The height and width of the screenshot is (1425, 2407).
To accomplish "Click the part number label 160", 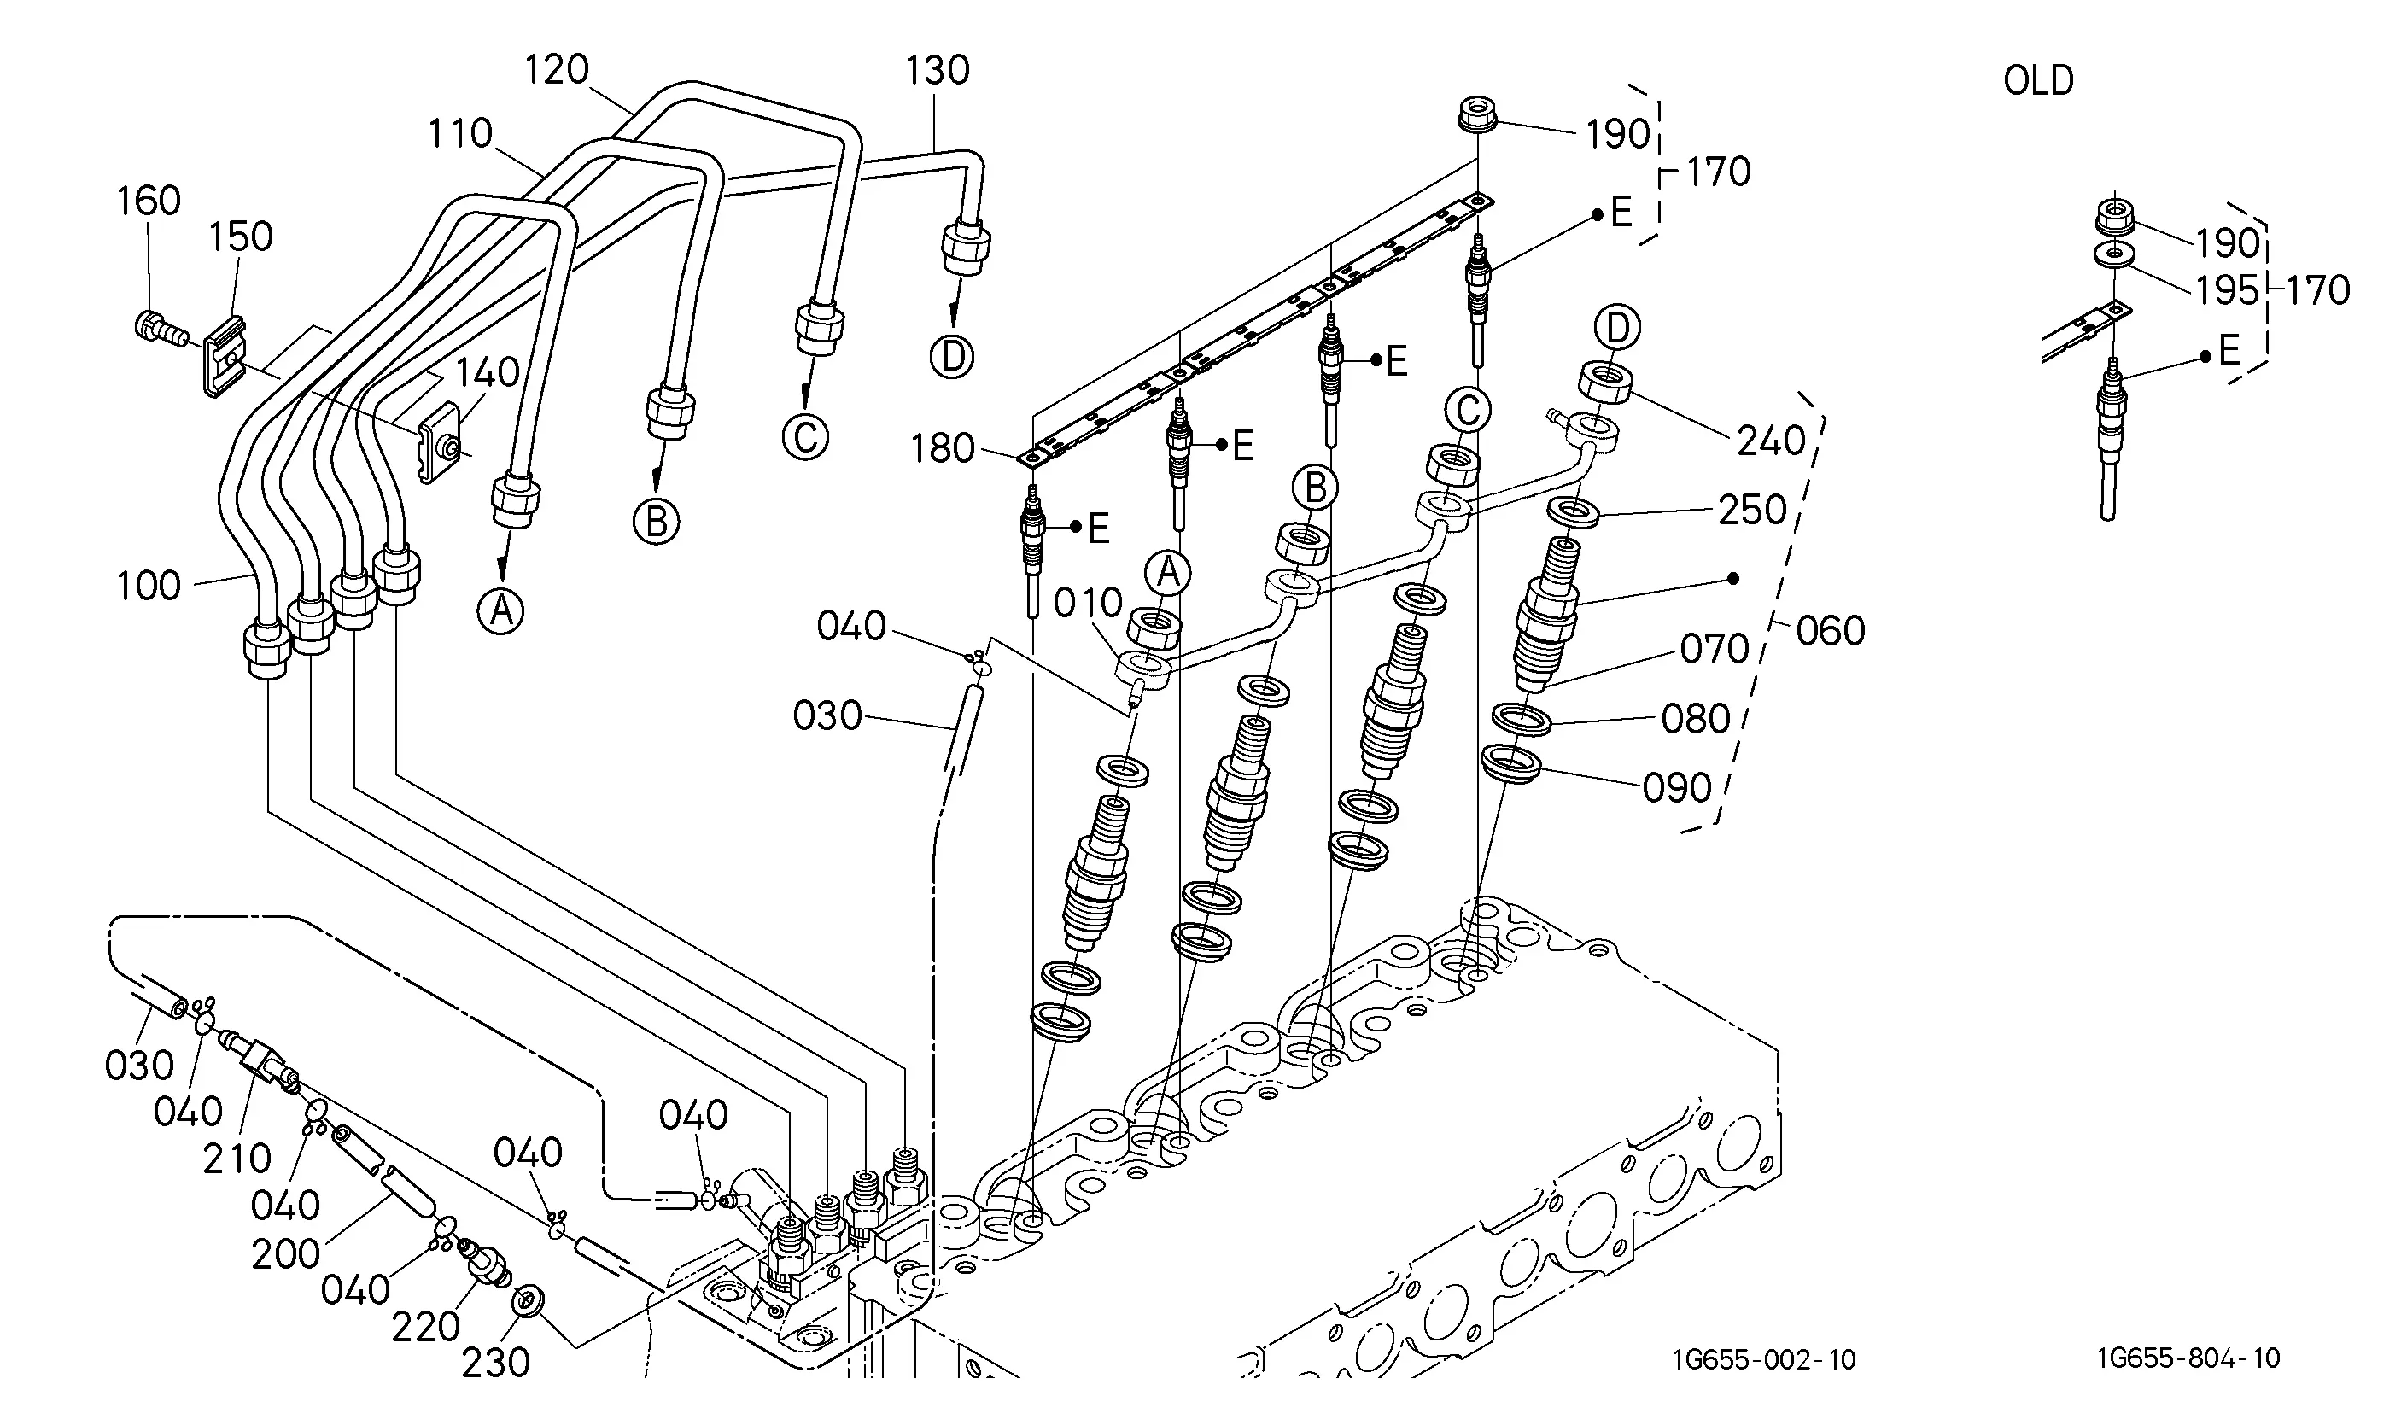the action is [149, 201].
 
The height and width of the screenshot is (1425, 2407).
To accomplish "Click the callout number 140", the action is [487, 371].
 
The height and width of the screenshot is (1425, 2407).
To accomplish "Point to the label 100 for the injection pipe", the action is [149, 586].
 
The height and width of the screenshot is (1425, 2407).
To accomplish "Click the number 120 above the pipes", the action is [557, 70].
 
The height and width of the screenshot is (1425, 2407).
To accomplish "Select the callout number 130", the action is [938, 70].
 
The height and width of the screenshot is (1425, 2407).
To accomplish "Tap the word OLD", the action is [2038, 80].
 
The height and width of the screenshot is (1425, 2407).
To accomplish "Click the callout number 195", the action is [2228, 290].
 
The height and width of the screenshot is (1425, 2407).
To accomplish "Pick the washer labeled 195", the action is [2113, 255].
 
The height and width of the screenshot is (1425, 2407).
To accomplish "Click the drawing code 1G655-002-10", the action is [1765, 1360].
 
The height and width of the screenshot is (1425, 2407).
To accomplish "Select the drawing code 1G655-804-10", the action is [2188, 1358].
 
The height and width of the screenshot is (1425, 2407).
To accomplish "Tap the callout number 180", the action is [942, 448].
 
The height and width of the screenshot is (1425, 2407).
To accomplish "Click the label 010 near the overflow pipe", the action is [1088, 603].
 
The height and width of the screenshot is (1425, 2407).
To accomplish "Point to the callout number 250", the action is [1752, 510].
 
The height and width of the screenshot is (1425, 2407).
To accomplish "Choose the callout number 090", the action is [1677, 787].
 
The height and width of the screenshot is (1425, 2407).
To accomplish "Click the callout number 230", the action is [495, 1362].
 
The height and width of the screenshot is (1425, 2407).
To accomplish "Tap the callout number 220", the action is [425, 1327].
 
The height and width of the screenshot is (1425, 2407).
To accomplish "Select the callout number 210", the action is [237, 1159].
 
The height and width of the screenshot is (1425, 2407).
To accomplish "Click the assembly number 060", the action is [1830, 631].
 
